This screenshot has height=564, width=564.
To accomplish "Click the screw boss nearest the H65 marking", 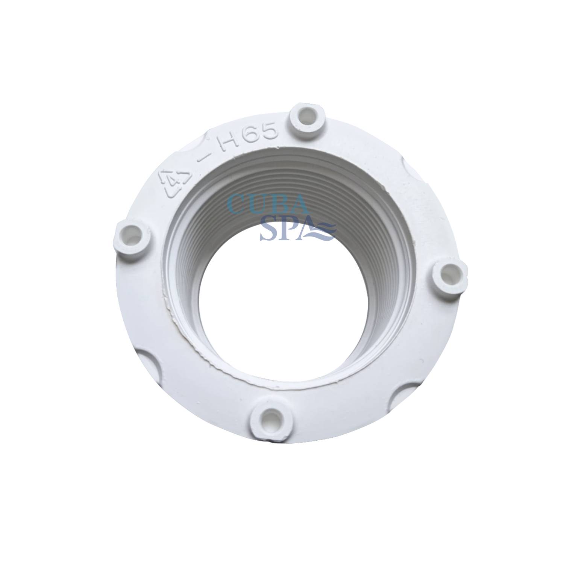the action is (x=305, y=116).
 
